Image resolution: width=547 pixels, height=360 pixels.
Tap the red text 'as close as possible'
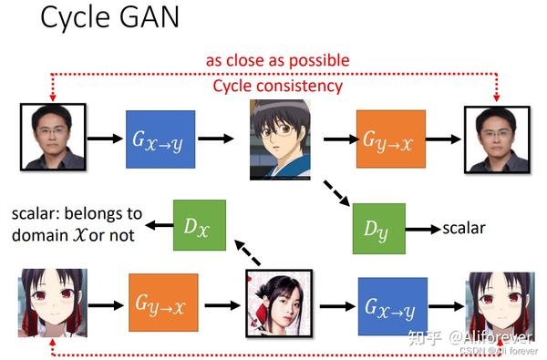click(277, 60)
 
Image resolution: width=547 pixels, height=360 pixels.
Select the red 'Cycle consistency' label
click(277, 86)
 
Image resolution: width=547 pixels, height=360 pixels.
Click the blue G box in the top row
click(160, 139)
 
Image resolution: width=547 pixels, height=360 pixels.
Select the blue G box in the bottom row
click(393, 303)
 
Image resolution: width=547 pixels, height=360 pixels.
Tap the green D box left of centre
click(200, 225)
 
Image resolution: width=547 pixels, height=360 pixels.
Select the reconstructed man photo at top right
click(496, 138)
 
